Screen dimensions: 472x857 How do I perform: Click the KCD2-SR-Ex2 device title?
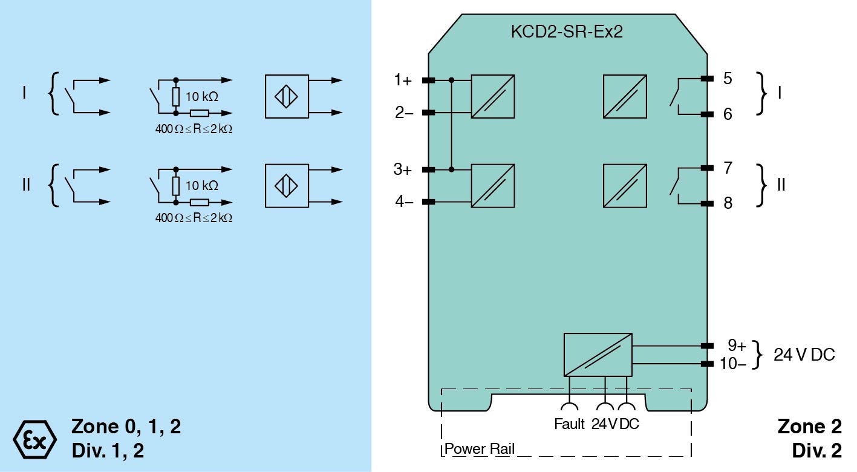[567, 32]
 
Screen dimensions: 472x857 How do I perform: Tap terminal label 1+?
[403, 80]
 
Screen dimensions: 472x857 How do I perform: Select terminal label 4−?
[404, 202]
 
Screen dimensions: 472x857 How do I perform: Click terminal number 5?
[728, 79]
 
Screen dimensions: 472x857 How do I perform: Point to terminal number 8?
[728, 203]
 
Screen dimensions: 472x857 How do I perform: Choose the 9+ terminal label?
[737, 346]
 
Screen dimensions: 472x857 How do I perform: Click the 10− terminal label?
[733, 364]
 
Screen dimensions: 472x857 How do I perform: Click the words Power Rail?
[480, 449]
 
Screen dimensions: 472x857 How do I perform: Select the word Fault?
[569, 424]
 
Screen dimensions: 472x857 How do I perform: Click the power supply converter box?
[598, 355]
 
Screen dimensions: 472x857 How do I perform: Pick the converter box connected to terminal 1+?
[493, 96]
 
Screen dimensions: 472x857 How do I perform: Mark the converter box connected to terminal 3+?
[493, 186]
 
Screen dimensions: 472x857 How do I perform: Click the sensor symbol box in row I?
[287, 96]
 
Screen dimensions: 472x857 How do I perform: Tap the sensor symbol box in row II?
[287, 186]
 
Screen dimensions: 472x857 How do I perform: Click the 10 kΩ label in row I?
[202, 96]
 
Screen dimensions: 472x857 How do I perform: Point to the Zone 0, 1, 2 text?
[126, 427]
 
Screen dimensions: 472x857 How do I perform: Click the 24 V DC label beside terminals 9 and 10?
[804, 355]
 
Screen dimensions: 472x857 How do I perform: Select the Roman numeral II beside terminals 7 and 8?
[781, 185]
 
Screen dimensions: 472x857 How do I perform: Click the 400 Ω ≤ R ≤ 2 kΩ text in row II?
[194, 217]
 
